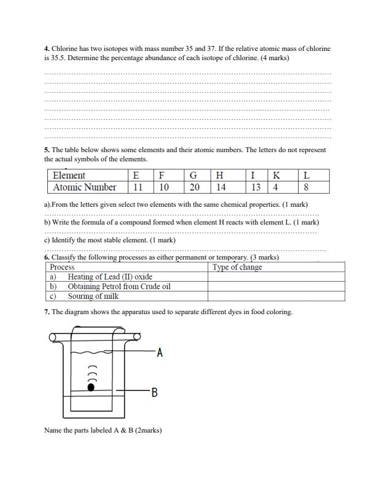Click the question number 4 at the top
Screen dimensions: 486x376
click(x=47, y=48)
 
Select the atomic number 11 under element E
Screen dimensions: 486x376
click(x=138, y=188)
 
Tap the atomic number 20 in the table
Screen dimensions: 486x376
click(x=194, y=188)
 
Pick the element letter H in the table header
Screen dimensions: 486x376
click(x=219, y=175)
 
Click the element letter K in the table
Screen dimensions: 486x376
click(x=276, y=175)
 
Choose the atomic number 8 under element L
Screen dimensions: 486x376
click(x=306, y=188)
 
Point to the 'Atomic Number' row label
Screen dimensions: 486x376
click(x=85, y=188)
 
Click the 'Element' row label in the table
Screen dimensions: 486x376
click(x=69, y=175)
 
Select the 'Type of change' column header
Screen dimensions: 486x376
click(x=237, y=267)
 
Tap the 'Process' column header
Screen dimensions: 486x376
click(x=62, y=267)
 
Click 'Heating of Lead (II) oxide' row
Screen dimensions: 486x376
click(x=110, y=277)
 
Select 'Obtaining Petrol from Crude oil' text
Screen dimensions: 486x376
click(x=119, y=287)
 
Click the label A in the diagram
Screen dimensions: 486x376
click(x=160, y=353)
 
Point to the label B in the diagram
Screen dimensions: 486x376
click(x=154, y=392)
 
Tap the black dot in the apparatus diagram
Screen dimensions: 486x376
click(x=92, y=387)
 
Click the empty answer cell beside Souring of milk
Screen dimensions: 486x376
click(x=276, y=296)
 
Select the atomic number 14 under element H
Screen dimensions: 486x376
click(x=221, y=188)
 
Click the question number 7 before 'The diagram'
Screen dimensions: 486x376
click(x=47, y=312)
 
